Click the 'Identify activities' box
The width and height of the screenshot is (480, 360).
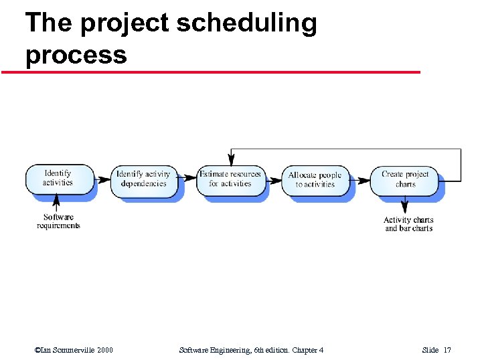point(58,178)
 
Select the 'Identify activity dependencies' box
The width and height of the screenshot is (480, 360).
point(143,179)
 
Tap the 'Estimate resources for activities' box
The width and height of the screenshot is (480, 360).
point(230,179)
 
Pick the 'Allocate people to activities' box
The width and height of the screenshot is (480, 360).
point(315,179)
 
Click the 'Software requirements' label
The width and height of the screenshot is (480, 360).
point(58,221)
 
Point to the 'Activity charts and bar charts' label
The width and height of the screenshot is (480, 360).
point(408,224)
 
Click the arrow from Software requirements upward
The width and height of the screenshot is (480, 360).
point(57,203)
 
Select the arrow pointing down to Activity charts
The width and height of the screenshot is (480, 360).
point(405,205)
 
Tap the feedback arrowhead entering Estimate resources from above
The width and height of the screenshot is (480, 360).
point(231,160)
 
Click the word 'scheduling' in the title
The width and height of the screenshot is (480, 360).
point(246,23)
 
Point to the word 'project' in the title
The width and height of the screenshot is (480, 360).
point(129,23)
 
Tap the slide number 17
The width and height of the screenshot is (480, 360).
point(447,350)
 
